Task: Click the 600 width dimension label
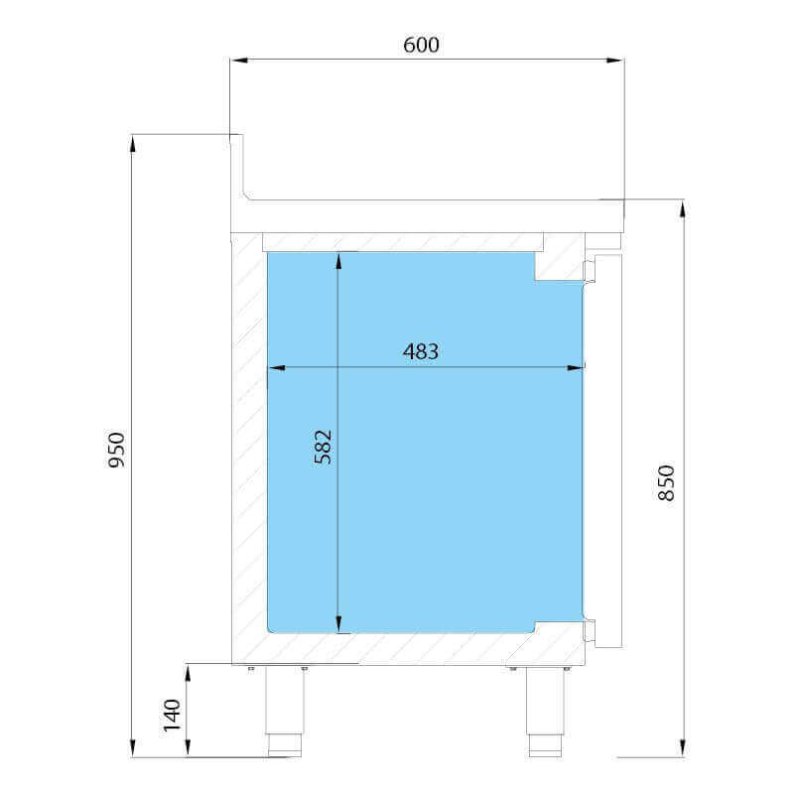coord(421,45)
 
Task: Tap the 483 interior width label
coord(421,351)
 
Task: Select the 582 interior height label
coord(324,447)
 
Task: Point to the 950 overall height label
coord(117,450)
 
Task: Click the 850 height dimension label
coord(666,482)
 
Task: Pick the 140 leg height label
coord(173,715)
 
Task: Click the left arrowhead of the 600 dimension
coord(238,61)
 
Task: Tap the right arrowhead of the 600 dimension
coord(615,61)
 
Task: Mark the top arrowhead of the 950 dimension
coord(133,143)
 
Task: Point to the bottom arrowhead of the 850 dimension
coord(683,748)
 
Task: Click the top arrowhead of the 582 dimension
coord(338,261)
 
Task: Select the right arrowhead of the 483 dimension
coord(576,367)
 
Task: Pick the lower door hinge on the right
coord(591,629)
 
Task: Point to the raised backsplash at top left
coord(236,167)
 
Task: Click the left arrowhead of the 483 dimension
coord(277,367)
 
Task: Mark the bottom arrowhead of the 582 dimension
coord(338,624)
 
